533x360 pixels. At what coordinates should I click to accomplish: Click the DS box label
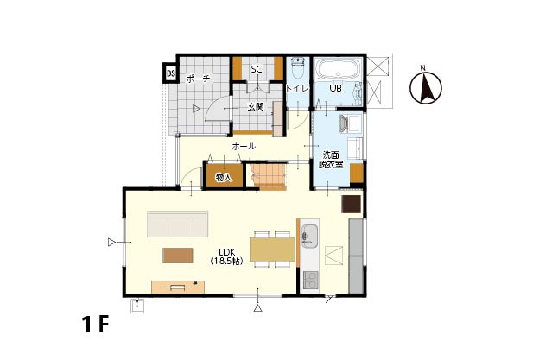(171, 73)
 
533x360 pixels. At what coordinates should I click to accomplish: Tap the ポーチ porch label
(198, 79)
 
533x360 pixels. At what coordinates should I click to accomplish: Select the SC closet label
(257, 69)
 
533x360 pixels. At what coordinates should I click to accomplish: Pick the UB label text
(335, 88)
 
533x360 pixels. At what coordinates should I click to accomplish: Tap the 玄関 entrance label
(256, 107)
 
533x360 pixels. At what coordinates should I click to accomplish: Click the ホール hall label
(244, 147)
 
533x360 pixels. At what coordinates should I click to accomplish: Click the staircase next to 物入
(266, 177)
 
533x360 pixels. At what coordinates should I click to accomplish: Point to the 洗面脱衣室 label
(331, 161)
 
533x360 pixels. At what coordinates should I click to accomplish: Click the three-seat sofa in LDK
(177, 224)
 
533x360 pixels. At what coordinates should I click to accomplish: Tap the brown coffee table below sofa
(178, 256)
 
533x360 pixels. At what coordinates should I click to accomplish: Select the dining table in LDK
(272, 249)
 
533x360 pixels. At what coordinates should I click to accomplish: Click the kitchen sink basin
(309, 237)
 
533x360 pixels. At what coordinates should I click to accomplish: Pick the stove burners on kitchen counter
(310, 281)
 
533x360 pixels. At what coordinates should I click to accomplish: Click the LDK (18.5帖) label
(226, 256)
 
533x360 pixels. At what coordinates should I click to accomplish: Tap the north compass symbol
(426, 86)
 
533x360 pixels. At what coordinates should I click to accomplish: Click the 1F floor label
(95, 325)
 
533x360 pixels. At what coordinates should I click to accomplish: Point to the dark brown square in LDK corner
(351, 204)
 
